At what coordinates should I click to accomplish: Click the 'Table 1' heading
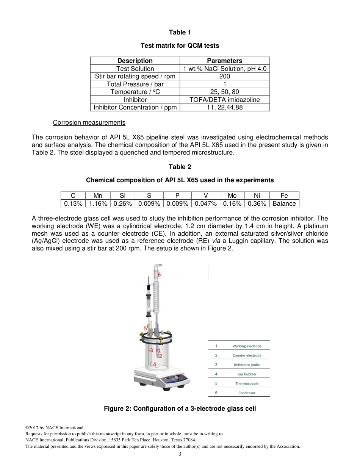click(180, 32)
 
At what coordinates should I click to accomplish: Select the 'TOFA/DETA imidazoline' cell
click(225, 100)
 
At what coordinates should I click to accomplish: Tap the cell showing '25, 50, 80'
click(225, 92)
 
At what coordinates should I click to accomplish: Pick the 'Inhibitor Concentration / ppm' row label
click(135, 107)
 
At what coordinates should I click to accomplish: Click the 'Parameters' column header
click(225, 61)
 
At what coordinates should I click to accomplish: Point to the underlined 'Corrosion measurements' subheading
click(89, 122)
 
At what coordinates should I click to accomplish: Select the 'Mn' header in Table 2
click(98, 195)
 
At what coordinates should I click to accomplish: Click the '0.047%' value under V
click(206, 203)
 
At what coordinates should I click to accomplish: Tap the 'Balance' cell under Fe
click(284, 203)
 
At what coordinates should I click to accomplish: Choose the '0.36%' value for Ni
click(257, 203)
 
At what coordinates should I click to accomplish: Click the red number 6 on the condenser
click(159, 274)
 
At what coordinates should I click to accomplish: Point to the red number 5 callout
click(145, 328)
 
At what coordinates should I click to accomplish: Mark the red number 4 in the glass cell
click(155, 364)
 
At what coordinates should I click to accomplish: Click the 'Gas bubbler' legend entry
click(247, 374)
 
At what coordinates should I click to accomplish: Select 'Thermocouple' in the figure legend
click(247, 383)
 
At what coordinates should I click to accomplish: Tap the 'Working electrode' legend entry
click(247, 346)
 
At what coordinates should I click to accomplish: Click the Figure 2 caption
click(180, 408)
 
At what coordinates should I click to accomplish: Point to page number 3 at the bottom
click(180, 454)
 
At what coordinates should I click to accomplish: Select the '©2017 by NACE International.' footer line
click(55, 428)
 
